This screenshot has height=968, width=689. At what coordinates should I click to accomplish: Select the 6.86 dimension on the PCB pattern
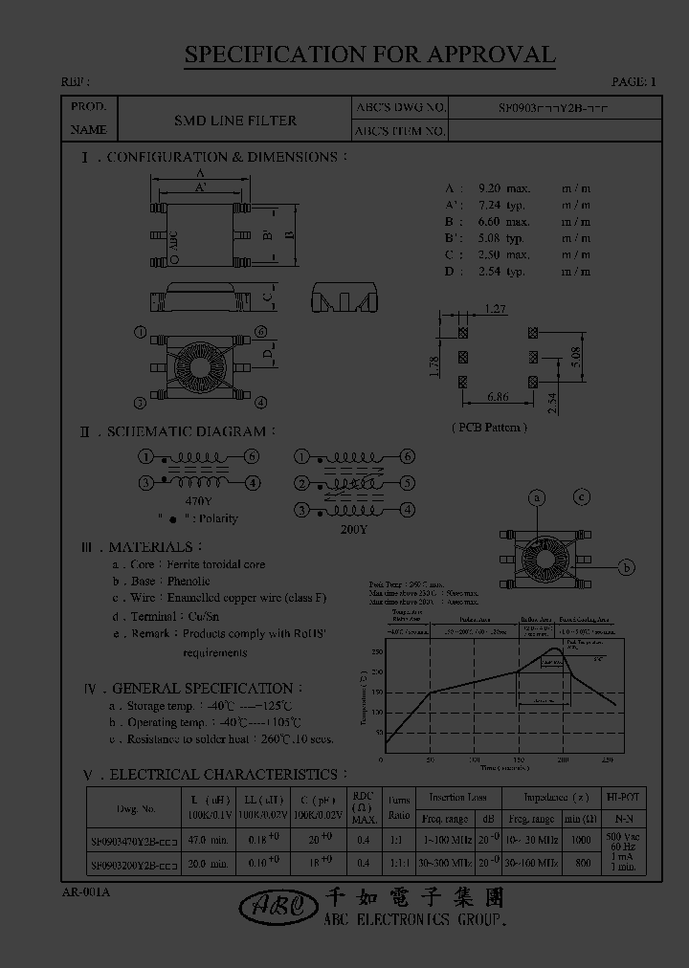[497, 395]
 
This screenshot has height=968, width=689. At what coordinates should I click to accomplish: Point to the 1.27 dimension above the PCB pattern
[495, 308]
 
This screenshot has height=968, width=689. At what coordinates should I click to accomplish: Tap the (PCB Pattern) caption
[488, 427]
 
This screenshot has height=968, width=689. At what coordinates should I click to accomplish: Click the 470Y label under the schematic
[198, 500]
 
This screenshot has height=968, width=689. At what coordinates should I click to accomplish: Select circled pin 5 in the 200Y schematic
[408, 483]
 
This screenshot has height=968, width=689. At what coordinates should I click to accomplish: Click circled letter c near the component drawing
[582, 496]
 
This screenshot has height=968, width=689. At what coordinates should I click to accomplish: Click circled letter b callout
[626, 567]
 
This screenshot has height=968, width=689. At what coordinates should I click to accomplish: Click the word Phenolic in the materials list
[187, 581]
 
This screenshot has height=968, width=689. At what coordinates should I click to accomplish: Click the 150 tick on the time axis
[518, 759]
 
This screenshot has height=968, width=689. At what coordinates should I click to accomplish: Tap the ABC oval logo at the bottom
[273, 906]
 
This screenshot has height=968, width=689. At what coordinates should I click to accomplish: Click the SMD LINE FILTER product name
[234, 121]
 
